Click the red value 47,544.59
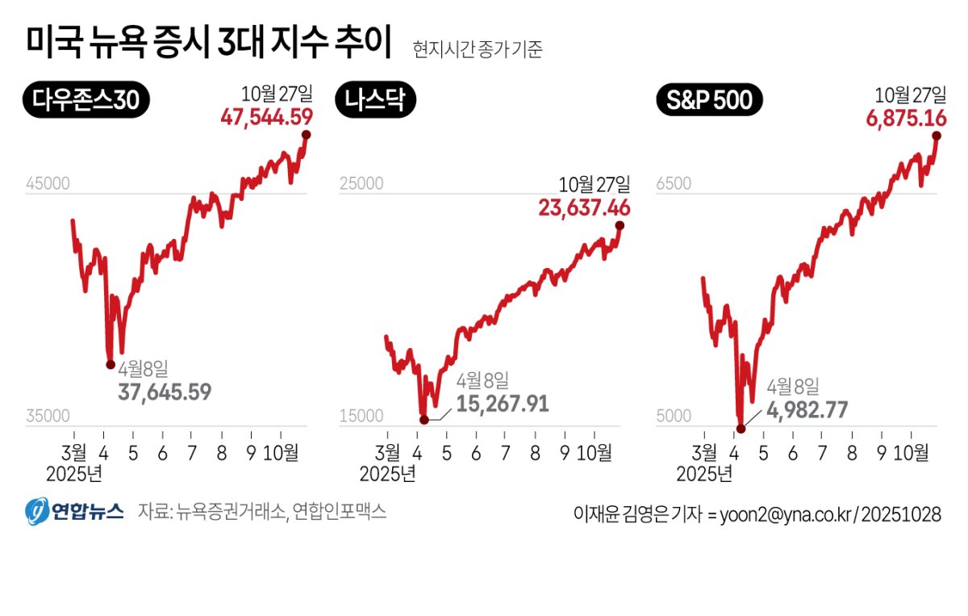click(x=266, y=119)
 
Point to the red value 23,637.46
click(x=584, y=209)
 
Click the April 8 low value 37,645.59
click(x=165, y=392)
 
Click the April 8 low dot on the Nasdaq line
click(x=424, y=419)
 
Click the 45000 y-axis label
click(x=48, y=184)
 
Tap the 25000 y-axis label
click(x=360, y=184)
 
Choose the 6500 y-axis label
click(x=674, y=184)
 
